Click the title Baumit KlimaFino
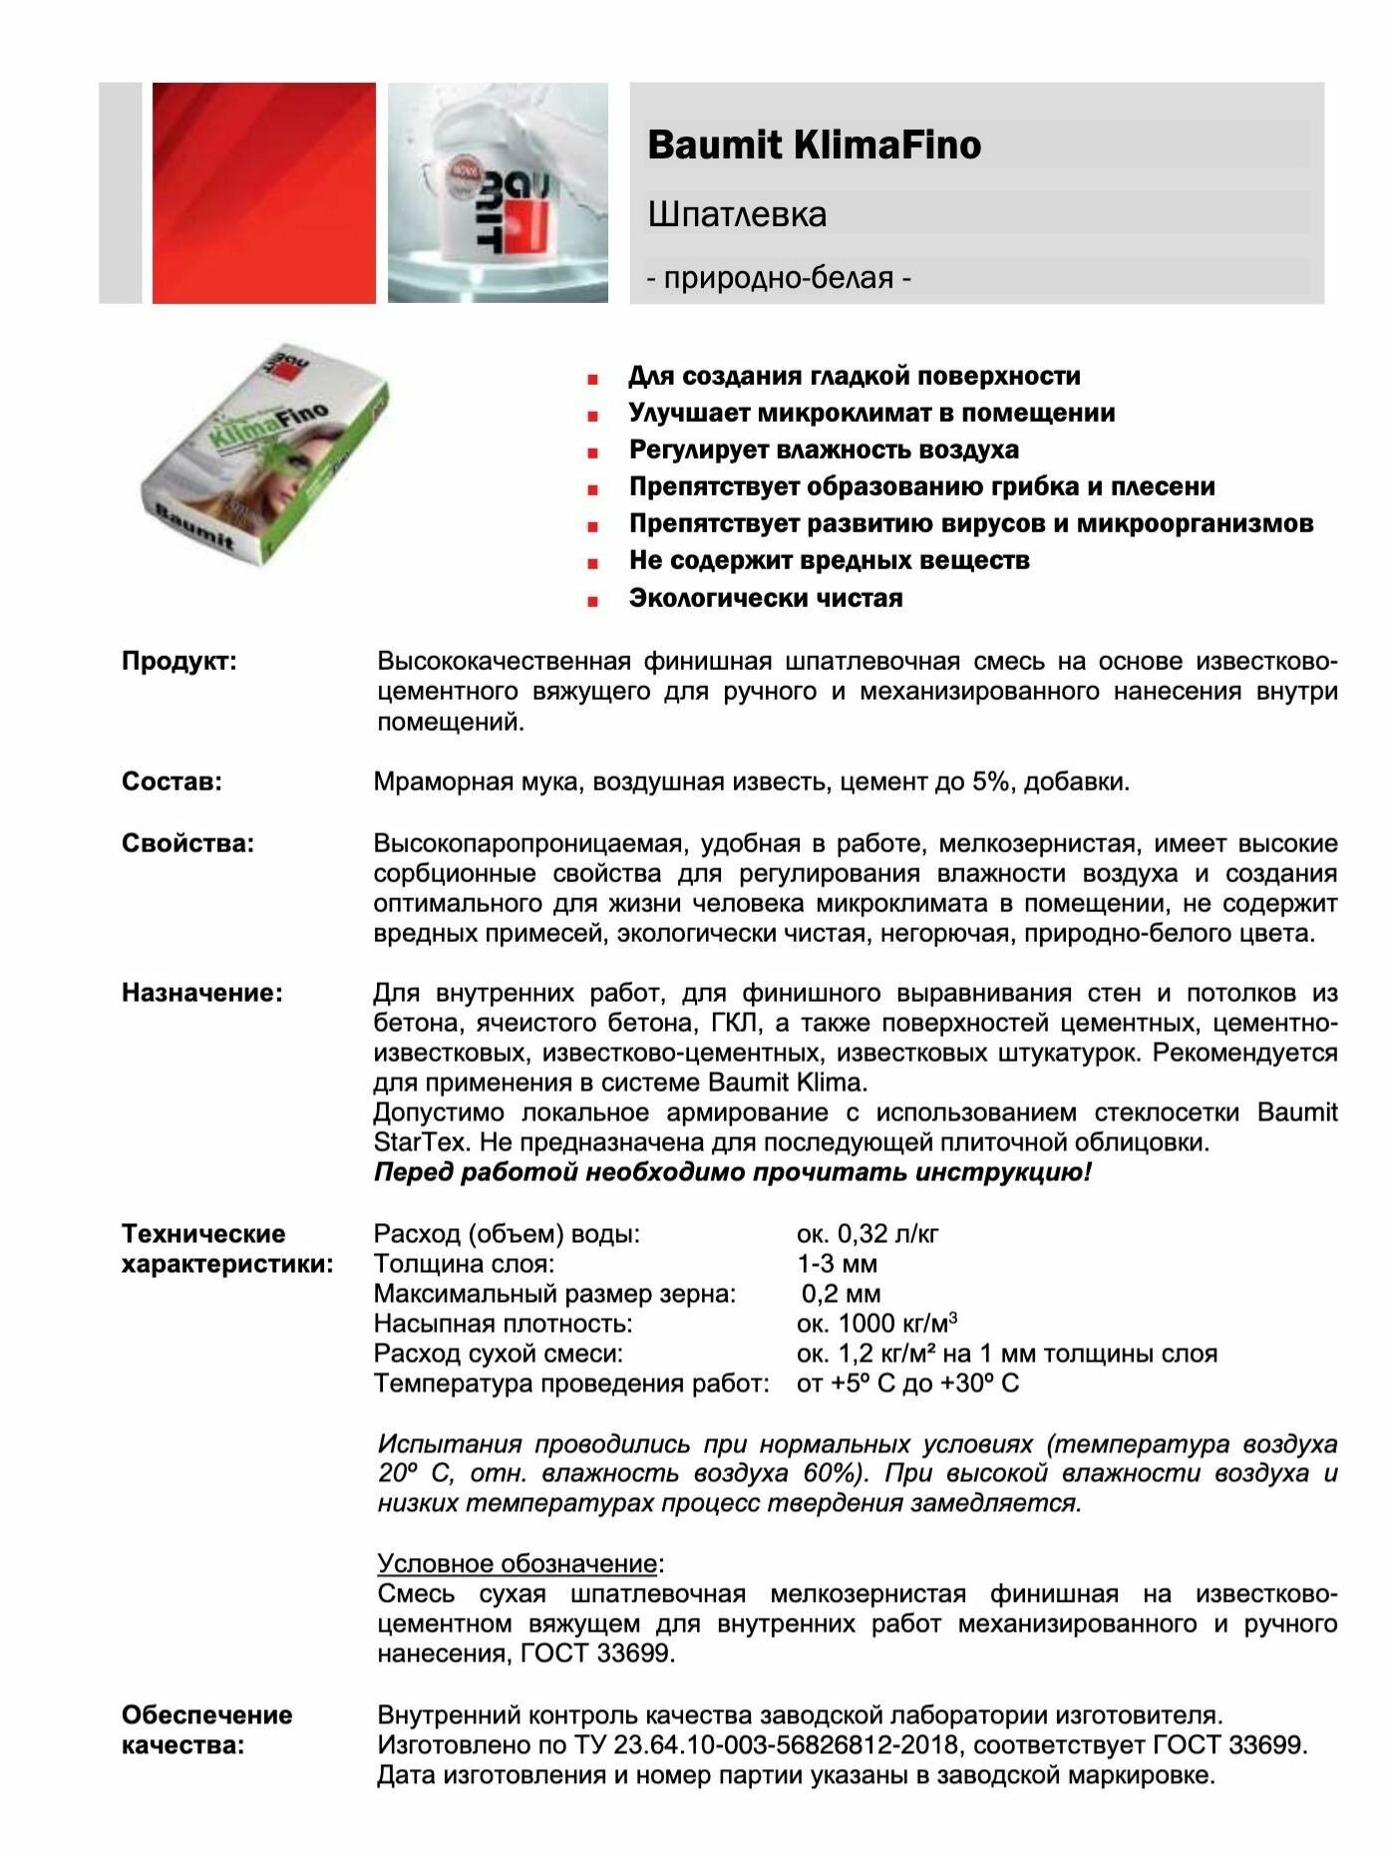814,146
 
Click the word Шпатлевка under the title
737,214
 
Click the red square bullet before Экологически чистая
593,601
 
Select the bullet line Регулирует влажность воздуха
823,450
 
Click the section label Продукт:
179,662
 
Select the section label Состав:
172,781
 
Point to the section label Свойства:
187,843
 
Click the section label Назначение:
201,993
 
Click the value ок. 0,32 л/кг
867,1234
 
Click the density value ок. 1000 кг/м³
876,1324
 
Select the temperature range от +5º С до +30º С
907,1384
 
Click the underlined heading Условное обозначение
517,1563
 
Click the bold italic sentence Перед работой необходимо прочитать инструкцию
732,1172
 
